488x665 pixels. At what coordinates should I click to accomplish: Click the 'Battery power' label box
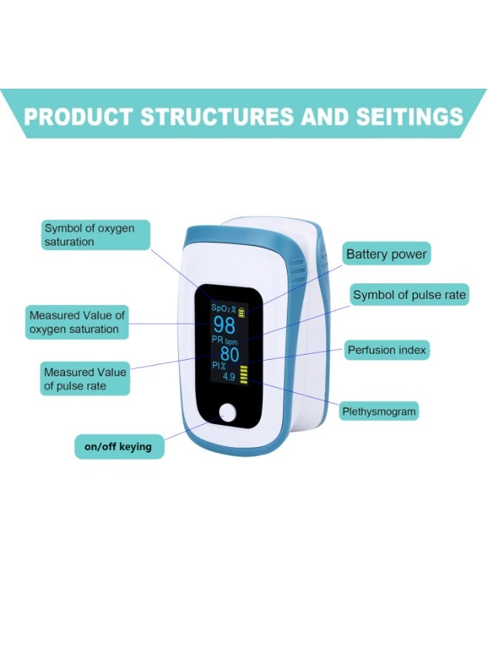pos(386,254)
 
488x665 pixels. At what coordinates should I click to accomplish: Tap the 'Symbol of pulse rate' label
pos(409,295)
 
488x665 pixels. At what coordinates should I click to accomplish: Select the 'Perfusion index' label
pos(387,349)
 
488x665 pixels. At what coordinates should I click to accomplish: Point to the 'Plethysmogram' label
pos(379,411)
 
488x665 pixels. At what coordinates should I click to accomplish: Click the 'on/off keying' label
pos(118,447)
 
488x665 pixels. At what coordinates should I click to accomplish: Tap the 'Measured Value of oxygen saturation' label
pos(77,322)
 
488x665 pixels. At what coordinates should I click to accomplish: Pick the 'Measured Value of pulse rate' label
pos(84,379)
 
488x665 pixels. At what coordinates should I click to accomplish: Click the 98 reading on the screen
pos(224,324)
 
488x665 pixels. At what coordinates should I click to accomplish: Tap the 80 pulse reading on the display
pos(229,354)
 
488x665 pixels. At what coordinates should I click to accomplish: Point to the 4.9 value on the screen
pos(229,377)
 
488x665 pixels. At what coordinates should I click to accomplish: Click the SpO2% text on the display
pos(223,307)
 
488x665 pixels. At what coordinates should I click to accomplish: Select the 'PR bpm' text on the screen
pos(226,340)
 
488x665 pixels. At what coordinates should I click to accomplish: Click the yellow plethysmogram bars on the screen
pos(244,373)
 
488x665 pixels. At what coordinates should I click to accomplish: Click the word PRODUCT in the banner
pos(78,117)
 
